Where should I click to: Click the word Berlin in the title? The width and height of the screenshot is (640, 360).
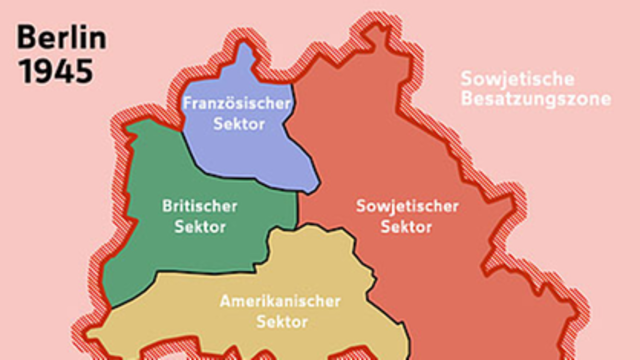(62, 42)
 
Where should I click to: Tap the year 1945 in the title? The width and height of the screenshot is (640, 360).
(55, 72)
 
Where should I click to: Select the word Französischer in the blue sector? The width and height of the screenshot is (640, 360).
(236, 103)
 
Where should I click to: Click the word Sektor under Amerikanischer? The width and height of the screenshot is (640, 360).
(281, 321)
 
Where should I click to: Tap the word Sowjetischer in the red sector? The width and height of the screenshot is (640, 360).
(407, 207)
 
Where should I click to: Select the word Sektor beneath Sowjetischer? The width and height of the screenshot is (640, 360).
(407, 227)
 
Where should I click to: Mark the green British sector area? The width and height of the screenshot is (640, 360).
(150, 250)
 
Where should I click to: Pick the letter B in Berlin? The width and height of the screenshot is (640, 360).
(25, 42)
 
